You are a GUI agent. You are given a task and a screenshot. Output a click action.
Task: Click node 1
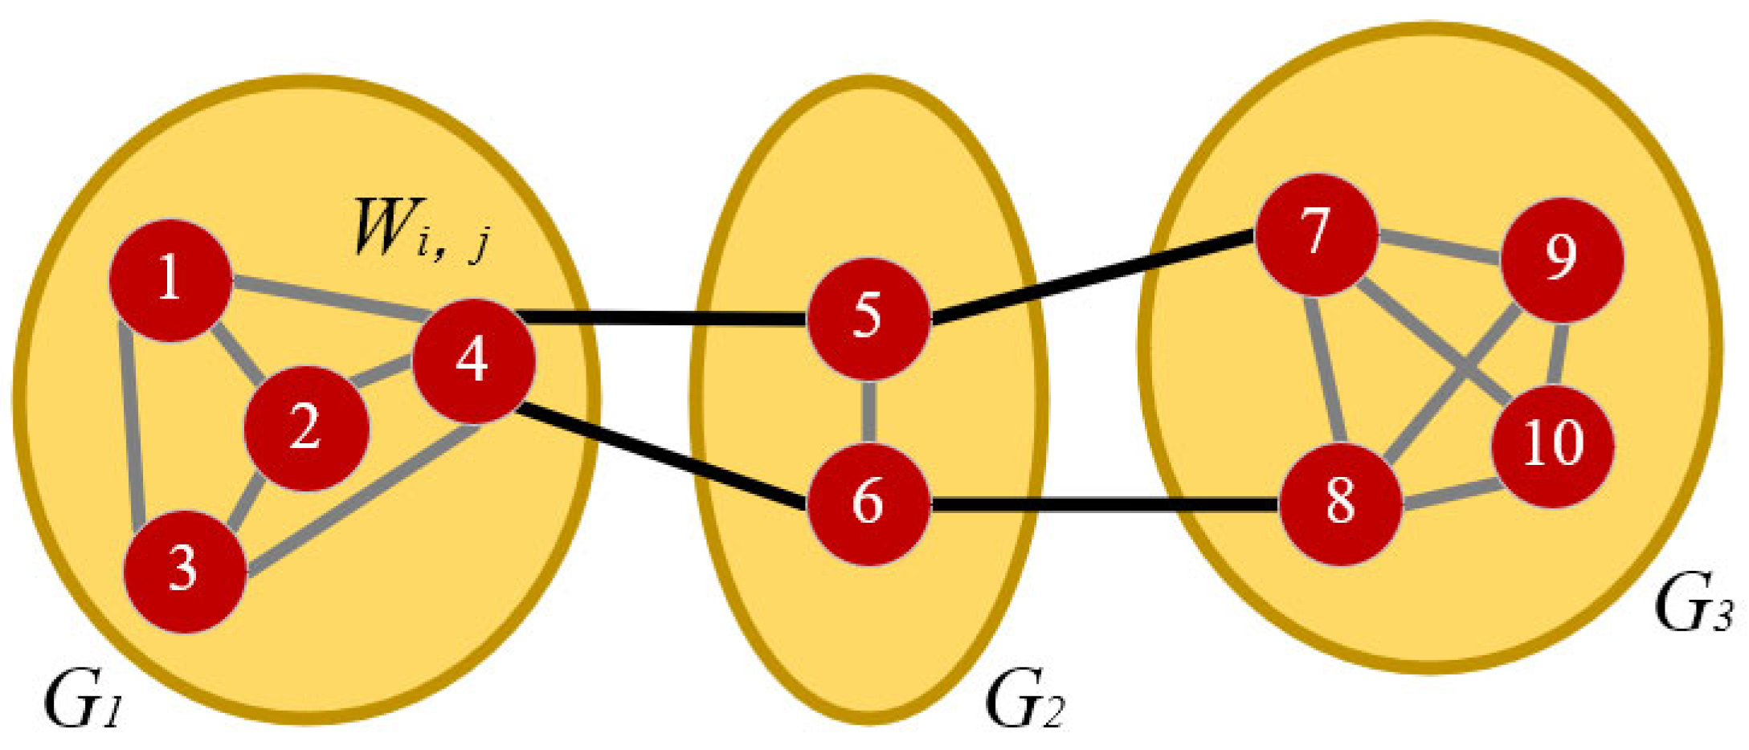(170, 280)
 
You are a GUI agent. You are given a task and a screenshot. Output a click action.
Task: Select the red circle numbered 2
(306, 428)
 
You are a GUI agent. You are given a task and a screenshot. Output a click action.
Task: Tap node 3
(184, 571)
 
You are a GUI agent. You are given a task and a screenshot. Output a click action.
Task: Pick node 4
(473, 361)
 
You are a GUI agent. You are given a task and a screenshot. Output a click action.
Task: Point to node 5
(868, 318)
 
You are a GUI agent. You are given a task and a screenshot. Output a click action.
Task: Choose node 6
(868, 504)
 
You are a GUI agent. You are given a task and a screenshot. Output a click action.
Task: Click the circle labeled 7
(1316, 234)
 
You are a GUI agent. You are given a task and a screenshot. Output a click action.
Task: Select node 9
(1562, 259)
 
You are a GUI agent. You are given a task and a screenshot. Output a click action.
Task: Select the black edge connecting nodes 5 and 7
(1093, 277)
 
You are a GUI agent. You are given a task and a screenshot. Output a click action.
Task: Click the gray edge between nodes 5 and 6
(868, 411)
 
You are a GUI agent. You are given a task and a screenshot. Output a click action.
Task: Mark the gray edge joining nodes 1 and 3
(130, 426)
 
